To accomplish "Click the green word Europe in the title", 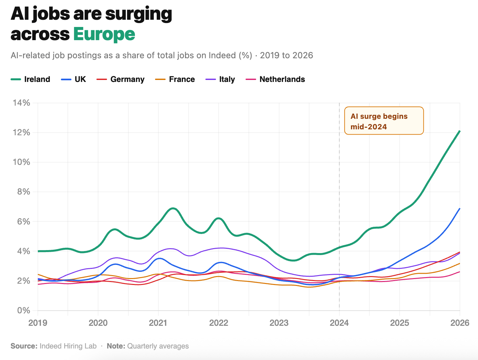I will tap(104, 34).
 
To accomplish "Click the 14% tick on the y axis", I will tap(21, 103).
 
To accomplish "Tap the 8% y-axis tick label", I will tap(23, 192).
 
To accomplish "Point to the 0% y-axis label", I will tap(23, 311).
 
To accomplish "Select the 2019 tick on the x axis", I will tap(38, 323).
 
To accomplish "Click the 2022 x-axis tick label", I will tap(219, 323).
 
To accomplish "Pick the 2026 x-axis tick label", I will tap(460, 323).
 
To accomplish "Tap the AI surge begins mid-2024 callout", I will tap(384, 121).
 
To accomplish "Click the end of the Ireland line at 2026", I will tap(460, 131).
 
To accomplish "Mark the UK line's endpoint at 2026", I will tap(460, 208).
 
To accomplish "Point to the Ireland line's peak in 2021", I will tap(173, 208).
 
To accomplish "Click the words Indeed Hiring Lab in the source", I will tap(68, 346).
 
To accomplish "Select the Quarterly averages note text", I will tap(158, 346).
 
